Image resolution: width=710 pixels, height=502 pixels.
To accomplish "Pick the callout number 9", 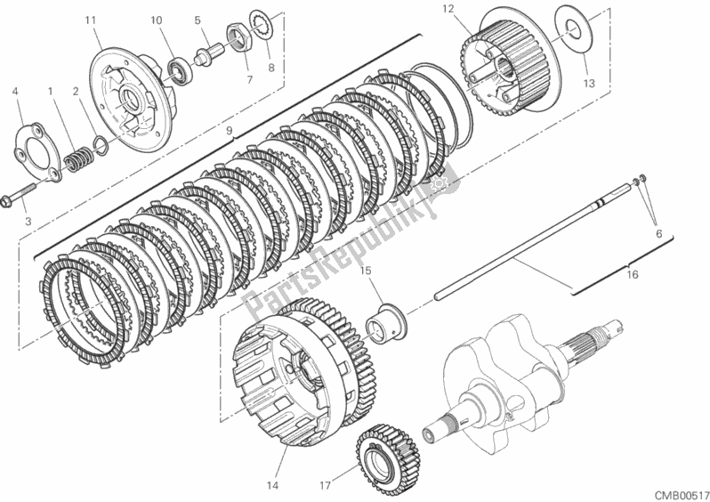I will pyautogui.click(x=229, y=132).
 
